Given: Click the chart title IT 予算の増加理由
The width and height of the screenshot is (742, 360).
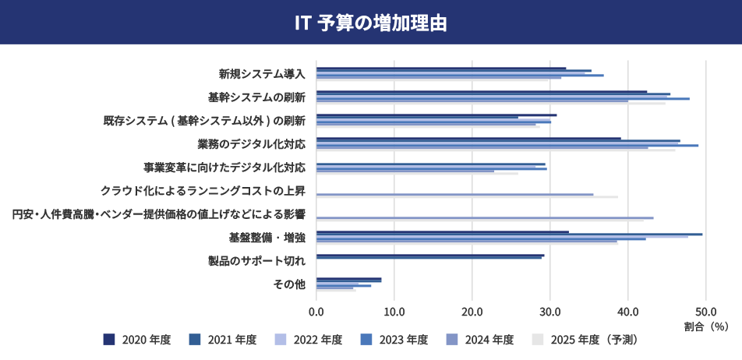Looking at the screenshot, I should [370, 23].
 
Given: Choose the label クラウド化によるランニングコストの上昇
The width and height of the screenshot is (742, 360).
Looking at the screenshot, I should [203, 191].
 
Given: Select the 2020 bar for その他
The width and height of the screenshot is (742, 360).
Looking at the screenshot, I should [348, 279].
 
